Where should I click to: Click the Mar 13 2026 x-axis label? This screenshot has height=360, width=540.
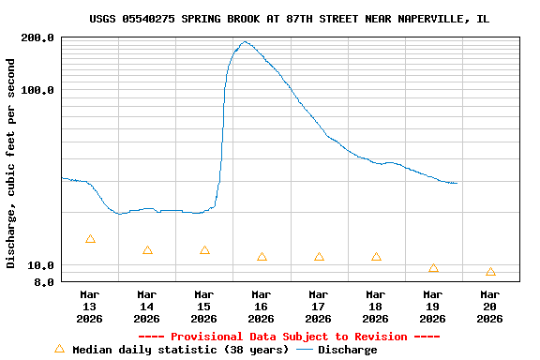pyautogui.click(x=89, y=307)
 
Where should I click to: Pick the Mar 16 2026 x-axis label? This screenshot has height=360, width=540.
pyautogui.click(x=261, y=307)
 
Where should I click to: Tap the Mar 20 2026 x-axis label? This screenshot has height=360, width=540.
pyautogui.click(x=489, y=307)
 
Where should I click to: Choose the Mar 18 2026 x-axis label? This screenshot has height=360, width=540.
pyautogui.click(x=375, y=307)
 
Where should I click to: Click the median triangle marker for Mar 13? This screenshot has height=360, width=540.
pyautogui.click(x=90, y=239)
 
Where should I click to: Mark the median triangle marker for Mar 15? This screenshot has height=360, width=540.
pyautogui.click(x=204, y=250)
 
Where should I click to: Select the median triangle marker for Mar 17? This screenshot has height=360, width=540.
pyautogui.click(x=319, y=257)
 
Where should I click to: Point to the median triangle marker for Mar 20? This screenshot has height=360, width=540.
pyautogui.click(x=490, y=272)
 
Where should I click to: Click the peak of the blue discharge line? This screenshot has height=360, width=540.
pyautogui.click(x=245, y=41)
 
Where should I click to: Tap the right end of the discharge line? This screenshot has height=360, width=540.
pyautogui.click(x=457, y=183)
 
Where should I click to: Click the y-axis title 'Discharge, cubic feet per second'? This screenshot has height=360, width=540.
pyautogui.click(x=11, y=163)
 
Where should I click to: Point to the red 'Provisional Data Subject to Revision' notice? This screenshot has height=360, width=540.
pyautogui.click(x=289, y=337)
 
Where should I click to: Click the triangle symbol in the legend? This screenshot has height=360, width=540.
pyautogui.click(x=59, y=349)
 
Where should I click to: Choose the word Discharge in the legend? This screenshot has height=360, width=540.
pyautogui.click(x=347, y=350)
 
